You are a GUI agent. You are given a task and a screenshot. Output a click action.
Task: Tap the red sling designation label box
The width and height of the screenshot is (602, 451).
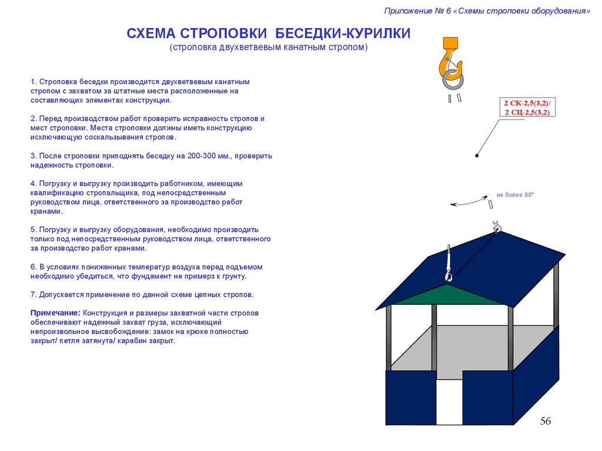527,107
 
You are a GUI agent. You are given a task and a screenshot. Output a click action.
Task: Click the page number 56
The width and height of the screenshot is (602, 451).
545,421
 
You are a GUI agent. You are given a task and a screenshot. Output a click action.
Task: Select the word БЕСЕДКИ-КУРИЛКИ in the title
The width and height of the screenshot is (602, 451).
343,33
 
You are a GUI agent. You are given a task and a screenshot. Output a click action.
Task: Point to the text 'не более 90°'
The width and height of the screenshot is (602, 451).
514,194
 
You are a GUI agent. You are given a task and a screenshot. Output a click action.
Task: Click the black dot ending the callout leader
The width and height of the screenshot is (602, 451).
477,156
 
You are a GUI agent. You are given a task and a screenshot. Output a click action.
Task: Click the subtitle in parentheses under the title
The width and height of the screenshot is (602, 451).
269,47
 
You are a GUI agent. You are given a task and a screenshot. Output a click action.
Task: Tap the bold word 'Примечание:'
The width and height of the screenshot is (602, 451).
55,313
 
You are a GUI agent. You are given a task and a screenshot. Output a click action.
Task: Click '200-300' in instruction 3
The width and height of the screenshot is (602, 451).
202,156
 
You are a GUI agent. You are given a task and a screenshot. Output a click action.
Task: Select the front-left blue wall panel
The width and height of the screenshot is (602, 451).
410,397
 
